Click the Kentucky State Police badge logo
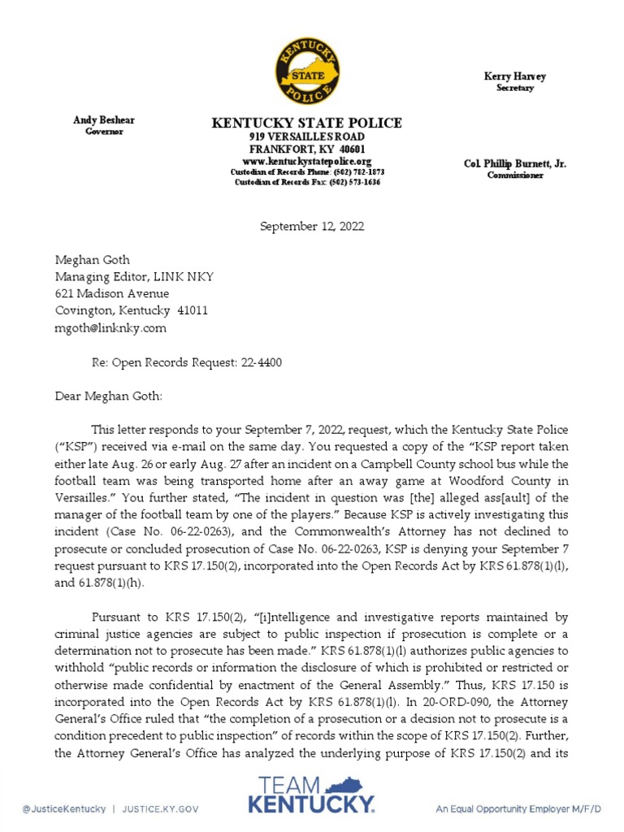coord(307,69)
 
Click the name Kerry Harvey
coord(515,76)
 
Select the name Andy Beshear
coord(104,120)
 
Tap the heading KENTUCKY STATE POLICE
coord(306,123)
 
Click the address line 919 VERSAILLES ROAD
coord(306,137)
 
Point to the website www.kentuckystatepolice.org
coord(306,162)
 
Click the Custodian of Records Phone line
coord(307,172)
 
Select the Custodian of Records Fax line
coord(307,182)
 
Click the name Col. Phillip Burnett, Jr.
coord(515,163)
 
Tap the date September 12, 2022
coord(312,226)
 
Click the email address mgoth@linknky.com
coord(110,327)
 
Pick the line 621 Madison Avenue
coord(112,293)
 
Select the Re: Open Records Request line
coord(186,362)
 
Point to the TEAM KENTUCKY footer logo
coord(311,795)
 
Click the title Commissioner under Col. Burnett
coord(515,175)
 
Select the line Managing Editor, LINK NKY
coord(134,276)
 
